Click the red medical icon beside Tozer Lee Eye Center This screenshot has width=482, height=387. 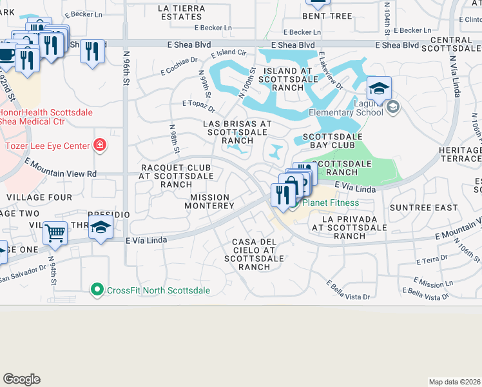(99, 144)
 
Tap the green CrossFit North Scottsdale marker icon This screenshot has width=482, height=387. (97, 290)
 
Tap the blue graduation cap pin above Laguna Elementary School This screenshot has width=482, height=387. (379, 89)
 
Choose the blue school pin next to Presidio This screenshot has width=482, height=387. (101, 227)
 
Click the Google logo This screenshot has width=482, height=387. (21, 379)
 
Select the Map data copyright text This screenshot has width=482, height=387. (454, 382)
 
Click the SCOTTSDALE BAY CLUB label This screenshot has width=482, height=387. (333, 137)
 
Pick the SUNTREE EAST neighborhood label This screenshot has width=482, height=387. (416, 208)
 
